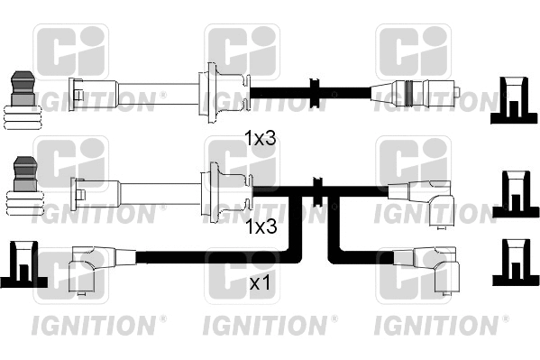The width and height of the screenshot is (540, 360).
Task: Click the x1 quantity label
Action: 259,283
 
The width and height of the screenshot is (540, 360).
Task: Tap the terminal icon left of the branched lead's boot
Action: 24,189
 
